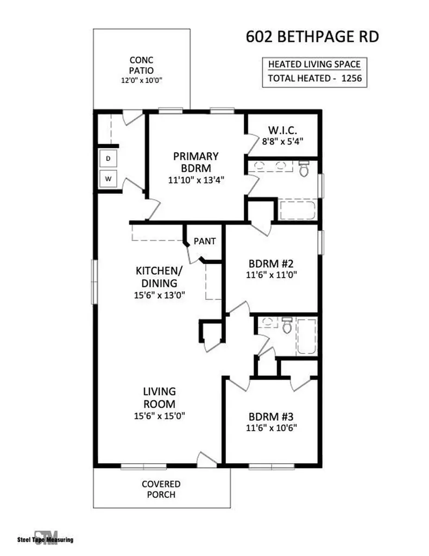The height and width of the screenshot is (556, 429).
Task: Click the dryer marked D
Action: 108,158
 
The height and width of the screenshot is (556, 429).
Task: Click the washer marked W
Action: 108,179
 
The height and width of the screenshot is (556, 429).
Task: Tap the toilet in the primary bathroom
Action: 304,168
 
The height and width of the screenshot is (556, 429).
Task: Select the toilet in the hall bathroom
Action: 287,326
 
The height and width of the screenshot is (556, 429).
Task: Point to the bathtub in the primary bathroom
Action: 297,210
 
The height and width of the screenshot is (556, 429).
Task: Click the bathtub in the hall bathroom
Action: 306,337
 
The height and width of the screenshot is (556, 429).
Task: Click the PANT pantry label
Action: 205,241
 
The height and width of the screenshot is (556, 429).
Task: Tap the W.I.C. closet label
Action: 282,130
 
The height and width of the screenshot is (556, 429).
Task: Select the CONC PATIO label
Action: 142,65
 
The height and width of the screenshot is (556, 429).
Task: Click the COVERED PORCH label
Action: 161,489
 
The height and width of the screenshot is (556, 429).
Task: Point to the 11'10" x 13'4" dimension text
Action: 196,180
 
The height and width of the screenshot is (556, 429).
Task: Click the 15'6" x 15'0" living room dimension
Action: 160,415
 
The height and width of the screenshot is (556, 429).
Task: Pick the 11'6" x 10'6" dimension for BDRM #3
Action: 272,428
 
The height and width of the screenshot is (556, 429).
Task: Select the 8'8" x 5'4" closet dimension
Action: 282,142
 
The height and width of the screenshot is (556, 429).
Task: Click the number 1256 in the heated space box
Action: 351,78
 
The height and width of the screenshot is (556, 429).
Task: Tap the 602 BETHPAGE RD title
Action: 312,37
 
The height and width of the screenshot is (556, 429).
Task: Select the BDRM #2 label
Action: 271,264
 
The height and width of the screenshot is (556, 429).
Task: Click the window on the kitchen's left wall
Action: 94,282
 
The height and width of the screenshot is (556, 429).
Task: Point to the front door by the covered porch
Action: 207,460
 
